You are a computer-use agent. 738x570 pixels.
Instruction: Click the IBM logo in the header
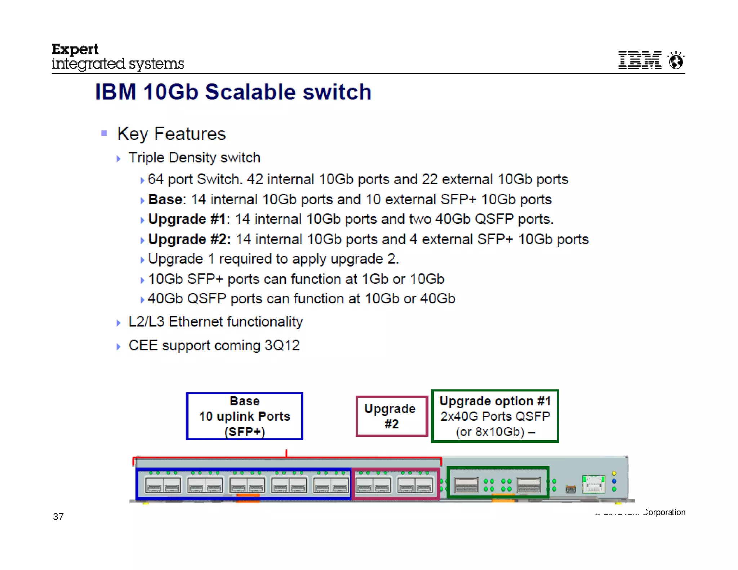(639, 60)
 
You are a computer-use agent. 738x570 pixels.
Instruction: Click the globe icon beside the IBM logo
(676, 60)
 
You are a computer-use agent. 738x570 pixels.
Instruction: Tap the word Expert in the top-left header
(75, 49)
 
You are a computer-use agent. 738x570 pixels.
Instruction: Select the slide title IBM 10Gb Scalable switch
(233, 92)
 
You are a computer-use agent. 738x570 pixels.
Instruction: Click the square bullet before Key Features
(104, 133)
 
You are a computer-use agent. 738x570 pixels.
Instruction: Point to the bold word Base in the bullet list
(165, 199)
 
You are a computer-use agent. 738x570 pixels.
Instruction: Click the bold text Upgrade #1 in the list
(187, 219)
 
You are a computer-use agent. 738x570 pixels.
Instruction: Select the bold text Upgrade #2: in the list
(189, 239)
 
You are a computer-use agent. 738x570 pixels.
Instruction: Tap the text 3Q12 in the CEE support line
(282, 345)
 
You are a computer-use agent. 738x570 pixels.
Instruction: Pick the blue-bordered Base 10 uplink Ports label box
(244, 416)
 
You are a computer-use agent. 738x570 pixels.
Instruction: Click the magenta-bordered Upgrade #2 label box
(391, 416)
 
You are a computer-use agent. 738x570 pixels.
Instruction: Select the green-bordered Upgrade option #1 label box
(495, 416)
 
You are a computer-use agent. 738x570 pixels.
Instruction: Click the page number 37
(58, 517)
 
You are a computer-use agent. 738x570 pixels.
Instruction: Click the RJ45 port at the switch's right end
(593, 484)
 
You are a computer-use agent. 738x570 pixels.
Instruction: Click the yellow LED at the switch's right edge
(614, 473)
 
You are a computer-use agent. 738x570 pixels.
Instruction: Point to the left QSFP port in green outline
(466, 485)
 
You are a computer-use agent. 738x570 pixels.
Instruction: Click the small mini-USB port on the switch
(570, 489)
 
